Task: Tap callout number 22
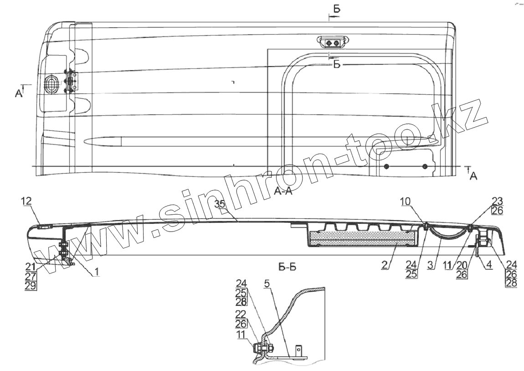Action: click(x=241, y=315)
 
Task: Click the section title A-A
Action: click(x=283, y=191)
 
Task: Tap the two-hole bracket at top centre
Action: click(x=332, y=43)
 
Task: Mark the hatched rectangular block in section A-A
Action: click(x=363, y=237)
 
